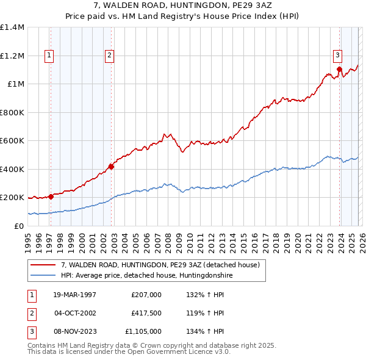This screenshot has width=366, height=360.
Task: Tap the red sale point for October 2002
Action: [x=112, y=166]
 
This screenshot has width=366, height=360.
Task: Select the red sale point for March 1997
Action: [x=51, y=196]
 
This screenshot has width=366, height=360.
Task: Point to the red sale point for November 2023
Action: [x=339, y=69]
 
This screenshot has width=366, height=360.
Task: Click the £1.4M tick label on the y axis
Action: [x=12, y=27]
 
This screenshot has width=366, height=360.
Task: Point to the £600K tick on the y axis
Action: [x=12, y=141]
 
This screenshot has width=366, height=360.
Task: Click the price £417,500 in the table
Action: [x=146, y=313]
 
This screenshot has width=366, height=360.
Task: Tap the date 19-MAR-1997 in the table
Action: [x=74, y=295]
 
